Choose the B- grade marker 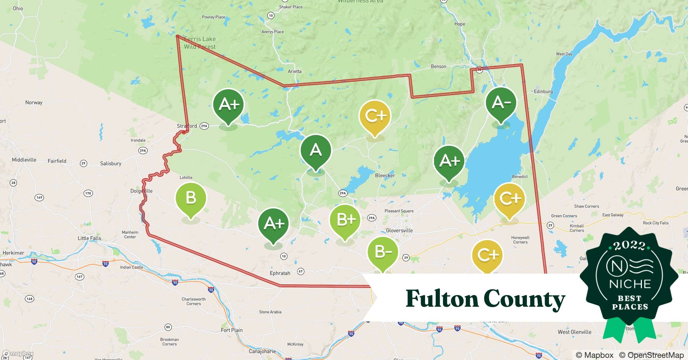(383, 252)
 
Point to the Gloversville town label (399, 230)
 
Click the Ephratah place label (280, 273)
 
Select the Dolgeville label (141, 191)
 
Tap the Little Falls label (89, 238)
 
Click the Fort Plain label (232, 330)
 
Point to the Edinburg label (543, 91)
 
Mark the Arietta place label (294, 71)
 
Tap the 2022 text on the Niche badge (629, 246)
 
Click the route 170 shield (88, 193)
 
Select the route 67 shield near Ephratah (300, 271)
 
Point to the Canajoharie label (262, 351)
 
